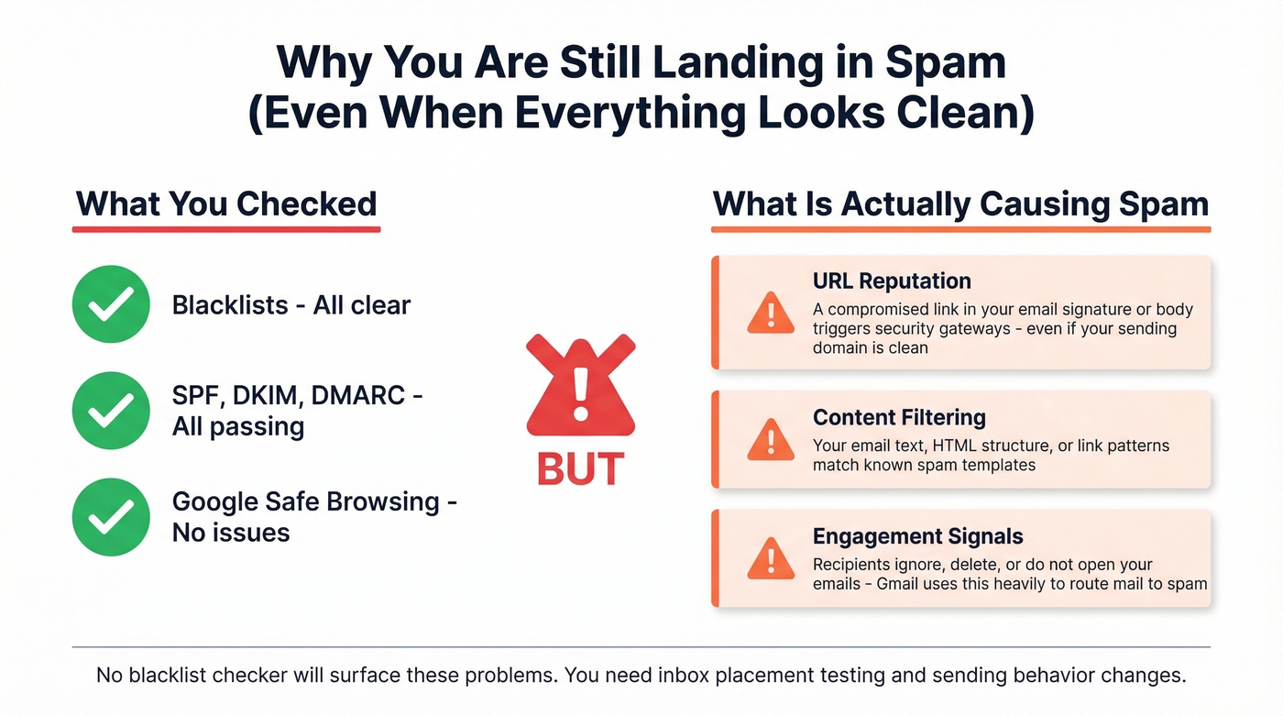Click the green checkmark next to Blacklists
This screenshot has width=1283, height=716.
111,304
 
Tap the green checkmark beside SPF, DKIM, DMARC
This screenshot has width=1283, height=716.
111,411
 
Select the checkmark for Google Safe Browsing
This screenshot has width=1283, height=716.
111,516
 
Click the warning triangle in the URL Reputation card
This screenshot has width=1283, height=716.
771,314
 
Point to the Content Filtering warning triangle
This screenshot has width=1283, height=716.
771,440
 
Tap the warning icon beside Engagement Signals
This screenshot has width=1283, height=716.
771,559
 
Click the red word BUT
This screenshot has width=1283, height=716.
580,468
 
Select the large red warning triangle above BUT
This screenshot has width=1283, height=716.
580,390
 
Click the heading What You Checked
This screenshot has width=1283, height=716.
226,204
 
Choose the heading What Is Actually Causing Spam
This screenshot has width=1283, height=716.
960,204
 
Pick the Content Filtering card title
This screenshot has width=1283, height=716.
899,417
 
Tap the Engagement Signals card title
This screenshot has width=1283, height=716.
917,536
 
